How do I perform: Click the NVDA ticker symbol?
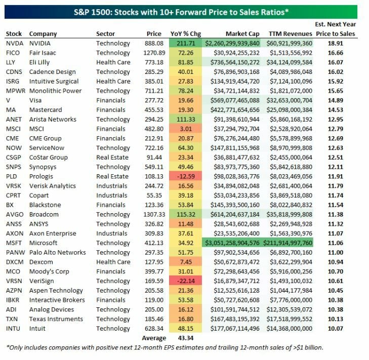coord(14,44)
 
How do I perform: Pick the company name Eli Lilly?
coord(43,62)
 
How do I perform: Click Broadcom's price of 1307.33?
coord(150,214)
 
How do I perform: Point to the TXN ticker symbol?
coord(13,319)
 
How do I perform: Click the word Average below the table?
coord(153,338)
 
